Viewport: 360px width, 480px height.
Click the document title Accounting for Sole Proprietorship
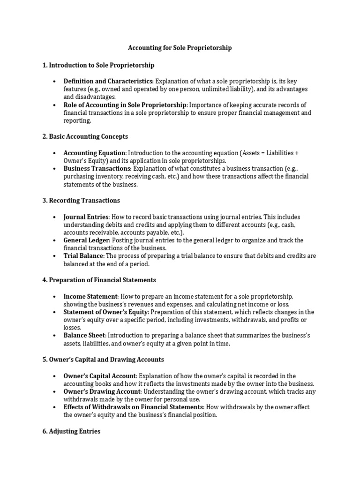tap(180, 48)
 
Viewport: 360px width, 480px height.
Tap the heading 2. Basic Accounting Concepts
tap(85, 136)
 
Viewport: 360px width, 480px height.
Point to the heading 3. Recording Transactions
tap(81, 201)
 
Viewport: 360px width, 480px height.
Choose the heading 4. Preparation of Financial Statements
tap(99, 280)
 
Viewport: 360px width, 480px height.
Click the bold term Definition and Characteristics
tap(108, 82)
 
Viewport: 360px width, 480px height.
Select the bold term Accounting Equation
tap(94, 153)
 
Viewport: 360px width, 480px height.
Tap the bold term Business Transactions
tap(97, 168)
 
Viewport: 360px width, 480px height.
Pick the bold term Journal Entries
tap(86, 217)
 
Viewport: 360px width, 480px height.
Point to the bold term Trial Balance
tap(83, 256)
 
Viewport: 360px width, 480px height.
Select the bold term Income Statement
tap(91, 297)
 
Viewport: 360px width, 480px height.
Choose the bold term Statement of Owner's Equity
tap(106, 312)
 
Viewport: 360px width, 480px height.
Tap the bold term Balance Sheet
tap(85, 336)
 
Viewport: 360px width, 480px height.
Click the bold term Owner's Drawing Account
tap(102, 391)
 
